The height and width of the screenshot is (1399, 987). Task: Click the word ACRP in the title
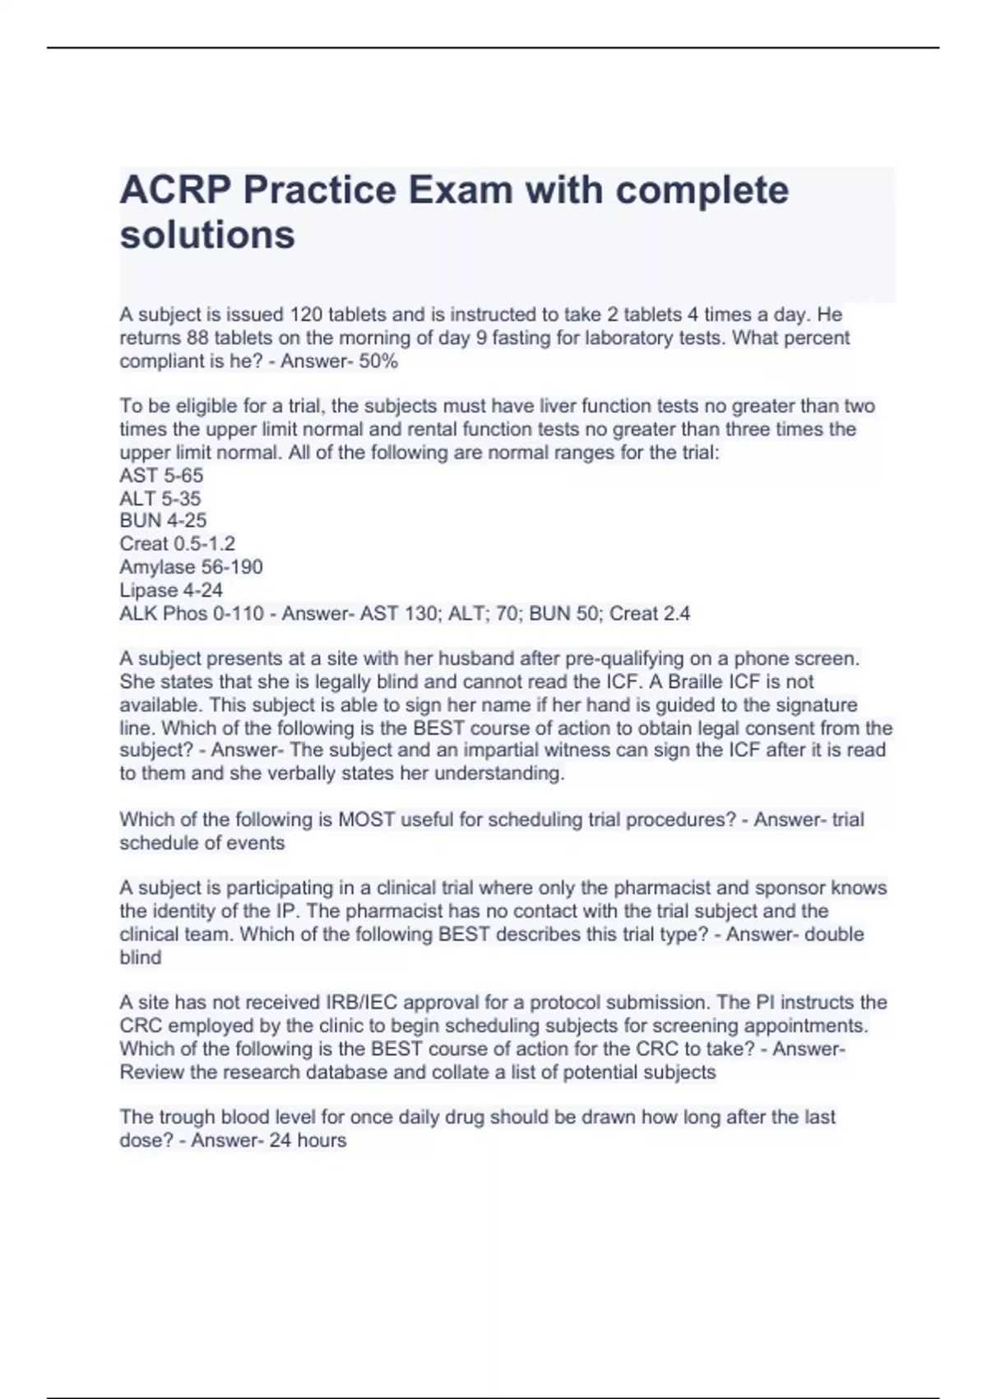pos(174,191)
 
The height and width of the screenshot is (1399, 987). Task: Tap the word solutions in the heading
pos(207,235)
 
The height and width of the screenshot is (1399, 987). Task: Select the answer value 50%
pos(378,361)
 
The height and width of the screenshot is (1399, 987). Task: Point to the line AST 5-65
pos(161,476)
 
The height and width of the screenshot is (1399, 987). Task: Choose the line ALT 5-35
pos(160,499)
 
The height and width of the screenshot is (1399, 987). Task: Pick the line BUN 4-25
pos(163,521)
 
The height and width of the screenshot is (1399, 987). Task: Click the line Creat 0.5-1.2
pos(177,544)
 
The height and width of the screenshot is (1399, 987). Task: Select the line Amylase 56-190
pos(191,567)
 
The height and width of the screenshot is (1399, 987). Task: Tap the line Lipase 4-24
pos(171,590)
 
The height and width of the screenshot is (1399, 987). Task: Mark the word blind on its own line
pos(141,958)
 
